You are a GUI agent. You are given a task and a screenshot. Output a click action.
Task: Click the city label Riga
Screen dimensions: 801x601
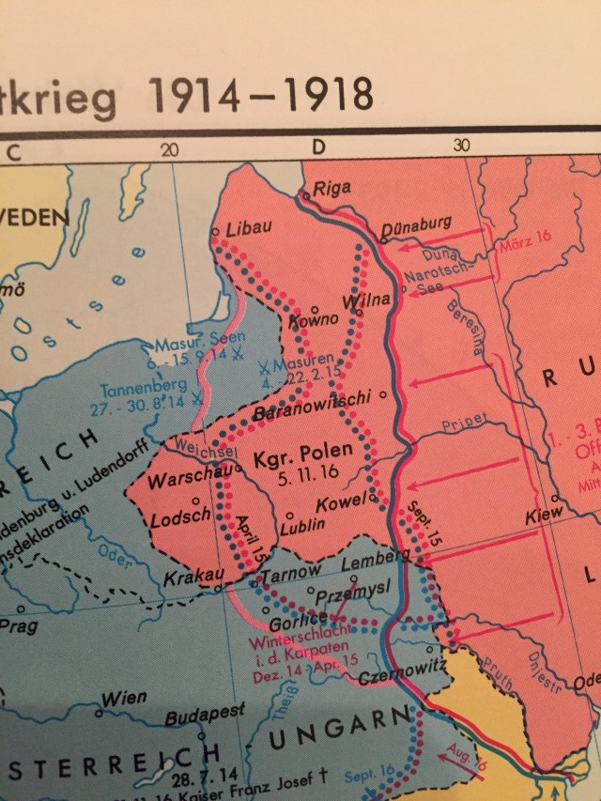[331, 188]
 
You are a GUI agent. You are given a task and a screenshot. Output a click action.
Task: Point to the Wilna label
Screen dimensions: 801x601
[365, 302]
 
